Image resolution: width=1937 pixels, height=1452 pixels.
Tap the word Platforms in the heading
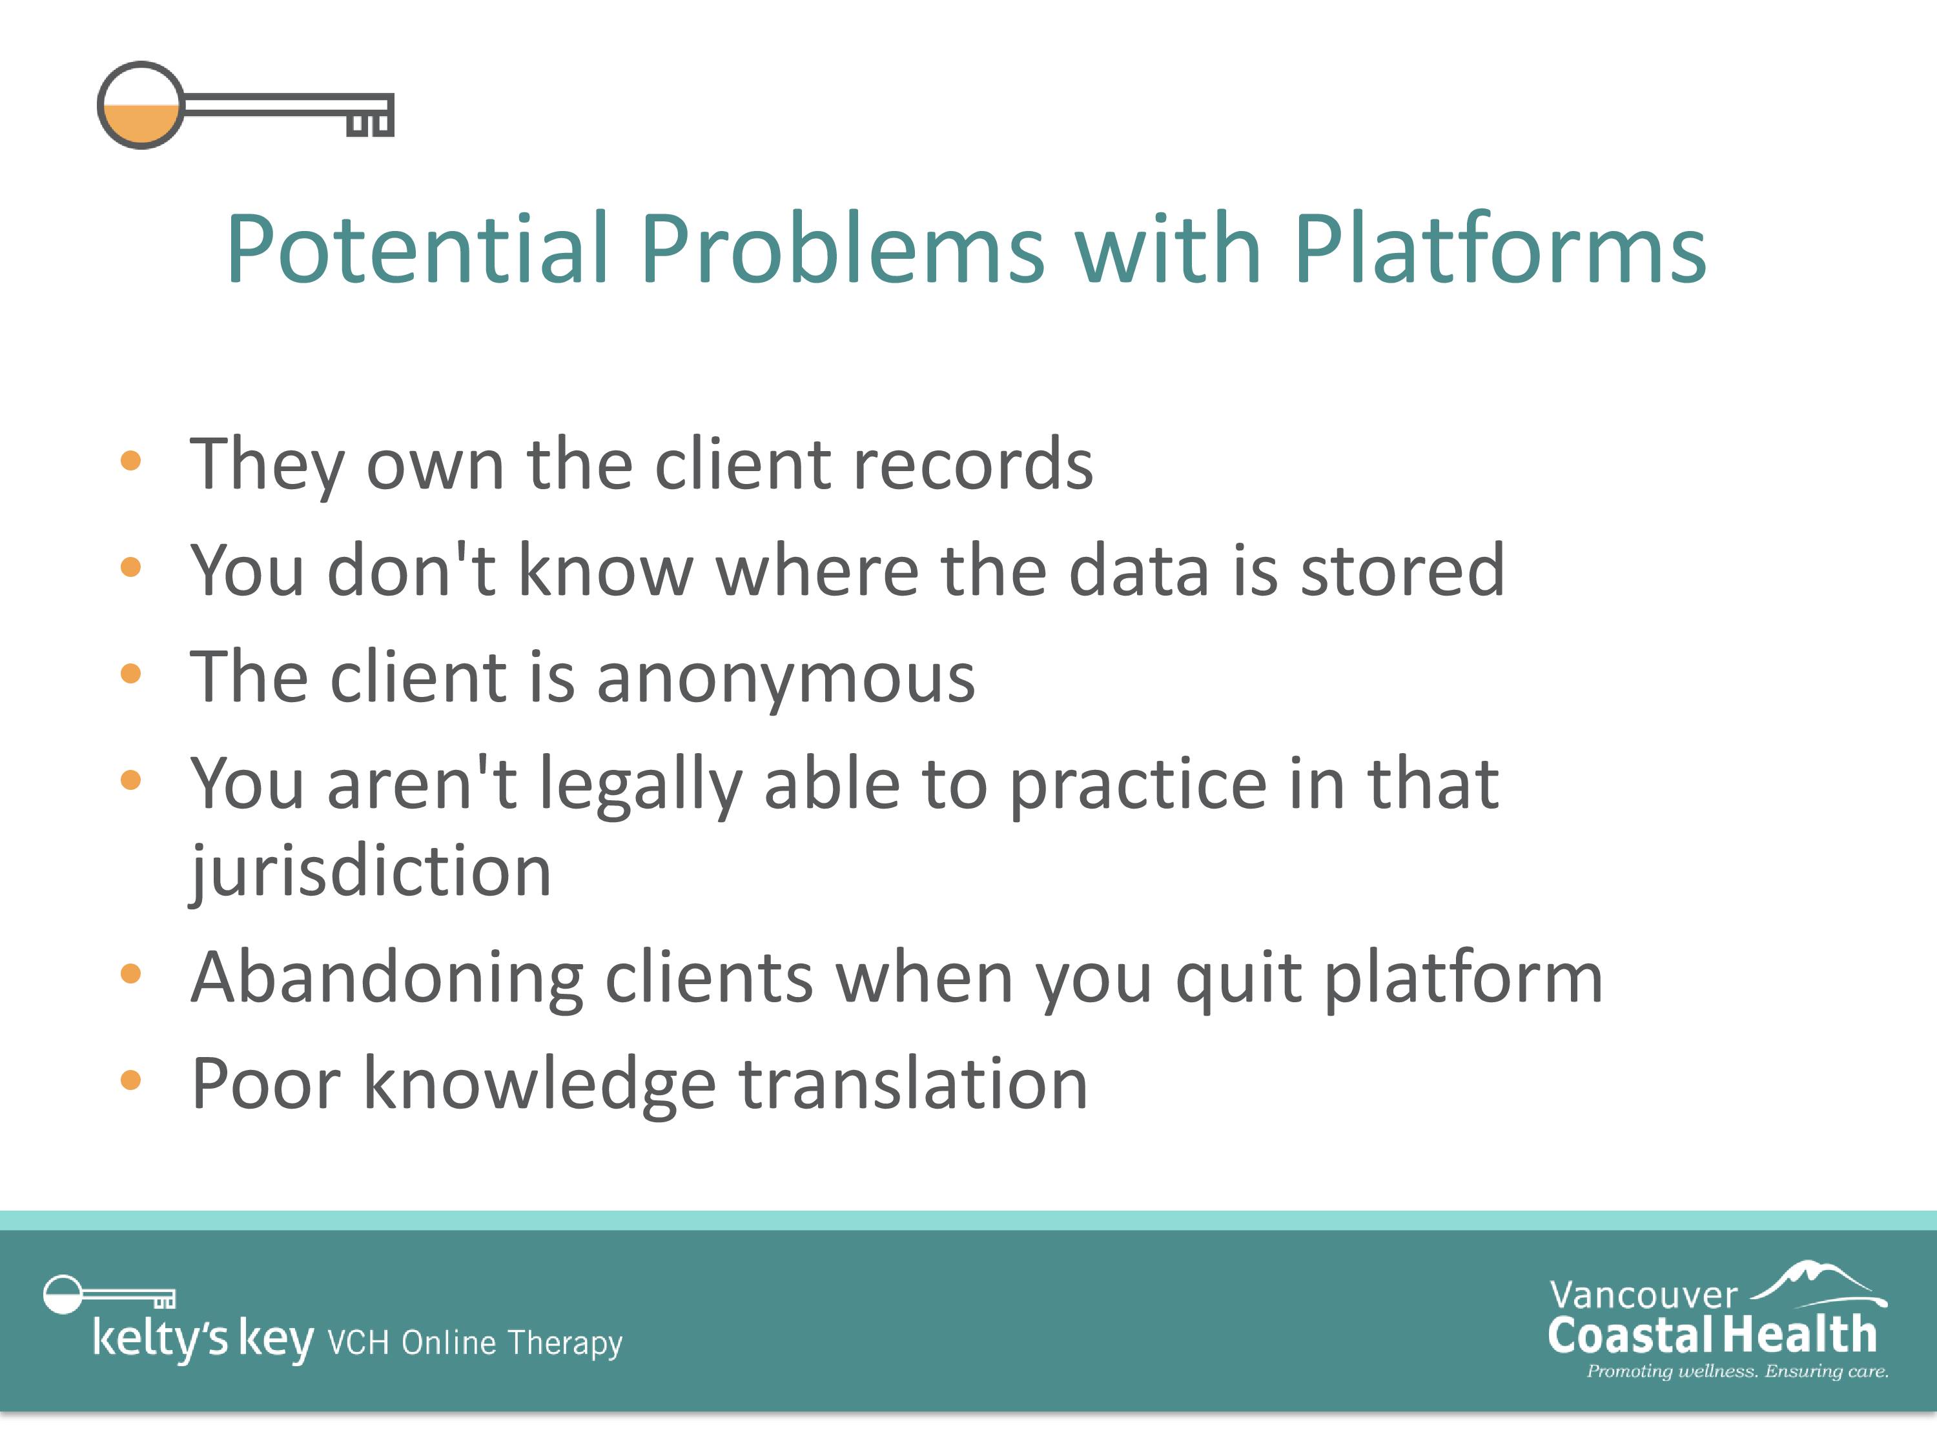click(1499, 250)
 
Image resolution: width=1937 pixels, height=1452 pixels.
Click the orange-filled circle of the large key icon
click(140, 105)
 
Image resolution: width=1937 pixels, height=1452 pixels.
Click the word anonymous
click(786, 679)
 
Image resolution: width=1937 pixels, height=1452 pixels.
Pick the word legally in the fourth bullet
click(640, 785)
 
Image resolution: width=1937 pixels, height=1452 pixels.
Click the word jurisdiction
click(371, 872)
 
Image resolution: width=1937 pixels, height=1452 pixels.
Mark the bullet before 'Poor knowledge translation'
click(130, 1080)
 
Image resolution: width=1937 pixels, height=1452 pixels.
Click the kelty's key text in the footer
click(203, 1339)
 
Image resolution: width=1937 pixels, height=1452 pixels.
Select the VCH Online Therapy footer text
click(475, 1342)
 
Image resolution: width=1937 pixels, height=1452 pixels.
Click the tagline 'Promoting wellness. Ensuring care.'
click(1737, 1371)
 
